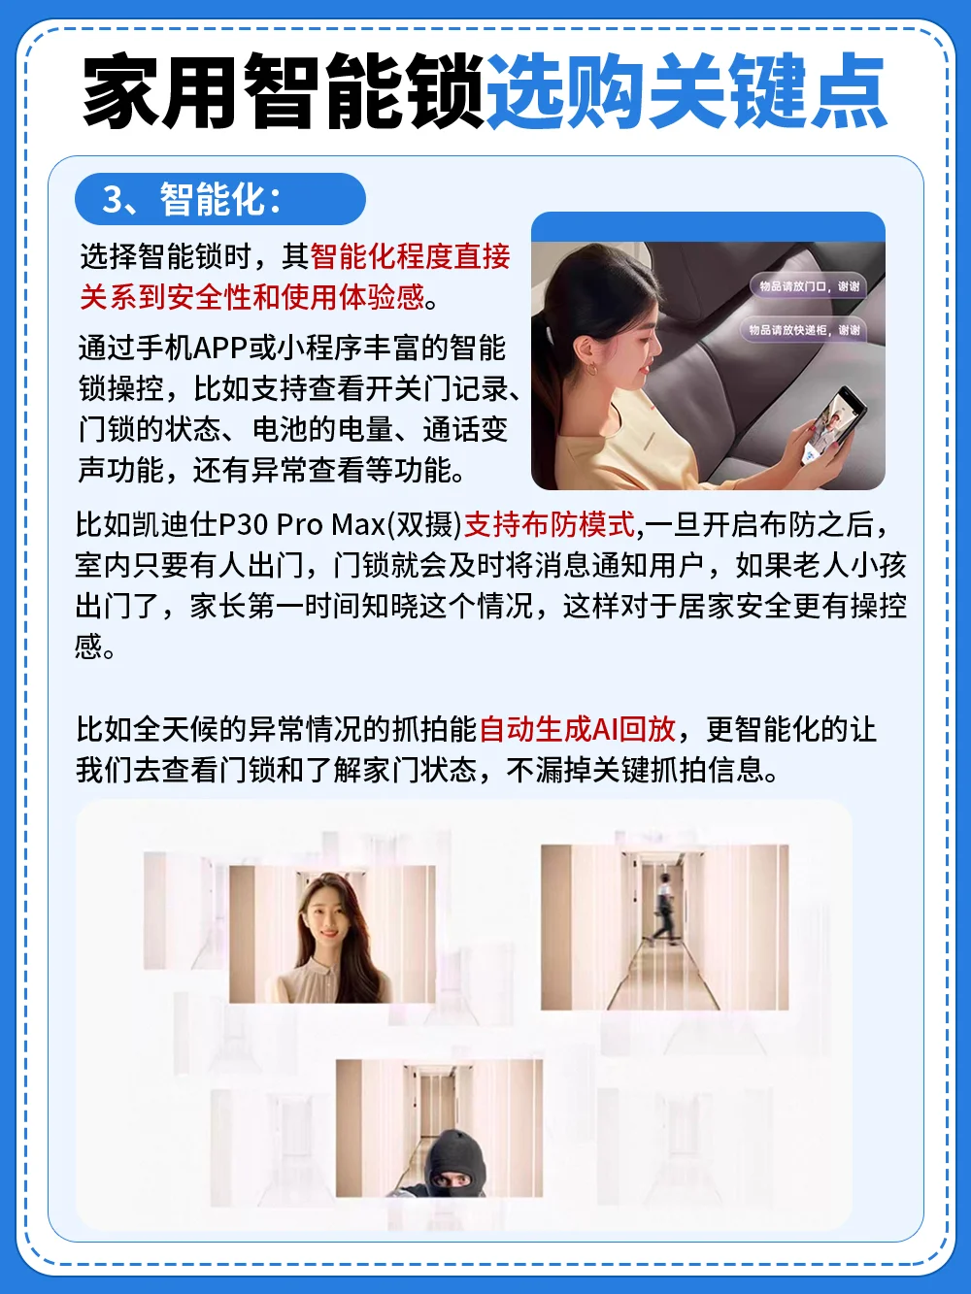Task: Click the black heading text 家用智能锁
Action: coord(283,91)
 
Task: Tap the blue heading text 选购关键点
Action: coord(686,91)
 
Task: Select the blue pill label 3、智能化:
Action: coord(219,199)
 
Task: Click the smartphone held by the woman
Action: coord(834,424)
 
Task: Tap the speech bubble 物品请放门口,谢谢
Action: coord(808,286)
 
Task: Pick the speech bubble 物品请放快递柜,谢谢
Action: coord(804,330)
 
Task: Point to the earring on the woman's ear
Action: coord(591,370)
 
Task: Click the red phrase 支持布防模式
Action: coord(550,524)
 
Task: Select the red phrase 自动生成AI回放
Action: coord(577,729)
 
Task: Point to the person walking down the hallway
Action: coord(665,909)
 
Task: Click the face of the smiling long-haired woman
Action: coord(328,918)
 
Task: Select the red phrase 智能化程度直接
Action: coord(410,256)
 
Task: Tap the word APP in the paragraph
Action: coord(220,348)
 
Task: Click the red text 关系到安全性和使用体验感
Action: coord(252,296)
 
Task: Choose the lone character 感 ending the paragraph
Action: coord(89,647)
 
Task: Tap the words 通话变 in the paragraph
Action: coord(465,428)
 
